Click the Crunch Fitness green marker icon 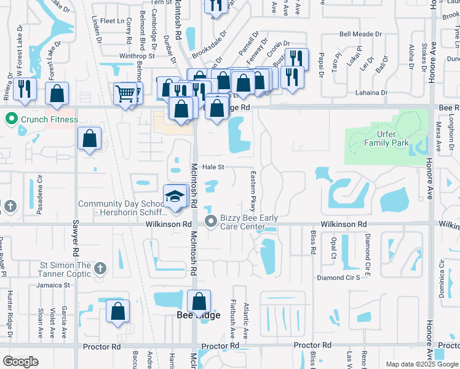(10, 119)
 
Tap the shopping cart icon (125, 93)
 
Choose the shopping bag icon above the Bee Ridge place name (199, 301)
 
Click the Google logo (21, 362)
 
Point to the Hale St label (213, 167)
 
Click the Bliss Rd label (312, 244)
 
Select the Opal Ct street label (334, 246)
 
